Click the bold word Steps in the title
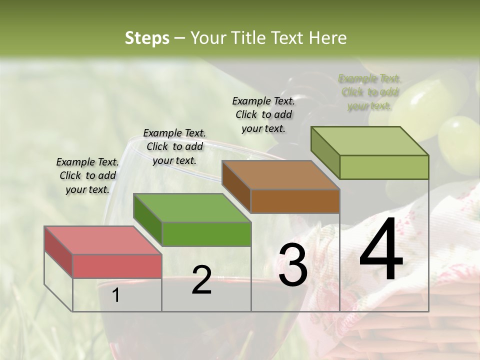tap(147, 38)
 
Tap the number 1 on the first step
tap(116, 295)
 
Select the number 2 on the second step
tap(201, 280)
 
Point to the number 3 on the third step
tap(293, 265)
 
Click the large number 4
tap(381, 250)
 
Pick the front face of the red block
tap(117, 266)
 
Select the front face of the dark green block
tap(206, 234)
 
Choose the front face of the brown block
tap(295, 201)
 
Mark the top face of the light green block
tap(370, 141)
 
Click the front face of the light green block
tap(384, 167)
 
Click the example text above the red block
tap(87, 175)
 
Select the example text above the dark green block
tap(174, 146)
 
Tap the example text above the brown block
tap(263, 114)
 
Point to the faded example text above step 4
tap(369, 92)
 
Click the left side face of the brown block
tap(236, 186)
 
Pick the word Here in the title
tap(327, 38)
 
